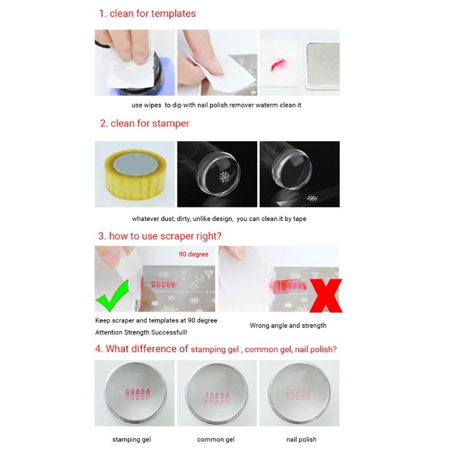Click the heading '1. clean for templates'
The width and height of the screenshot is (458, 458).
coord(147,14)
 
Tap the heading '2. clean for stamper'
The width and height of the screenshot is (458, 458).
coord(144,123)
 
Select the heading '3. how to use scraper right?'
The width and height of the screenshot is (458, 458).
coord(160,235)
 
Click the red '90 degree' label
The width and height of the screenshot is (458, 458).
coord(194,254)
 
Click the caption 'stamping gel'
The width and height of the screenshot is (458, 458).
coord(131,439)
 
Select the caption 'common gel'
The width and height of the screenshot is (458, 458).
coord(215,439)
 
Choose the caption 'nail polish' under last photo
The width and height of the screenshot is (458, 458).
coord(301,439)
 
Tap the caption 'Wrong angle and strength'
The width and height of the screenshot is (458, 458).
coord(288,325)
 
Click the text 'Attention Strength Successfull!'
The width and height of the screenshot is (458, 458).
coord(141,332)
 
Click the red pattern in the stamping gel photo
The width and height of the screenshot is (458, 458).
coord(135,393)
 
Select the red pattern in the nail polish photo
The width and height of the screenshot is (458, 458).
coord(298,394)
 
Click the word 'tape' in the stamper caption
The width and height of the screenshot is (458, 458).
coord(307,219)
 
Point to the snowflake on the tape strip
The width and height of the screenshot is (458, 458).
coord(313,198)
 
